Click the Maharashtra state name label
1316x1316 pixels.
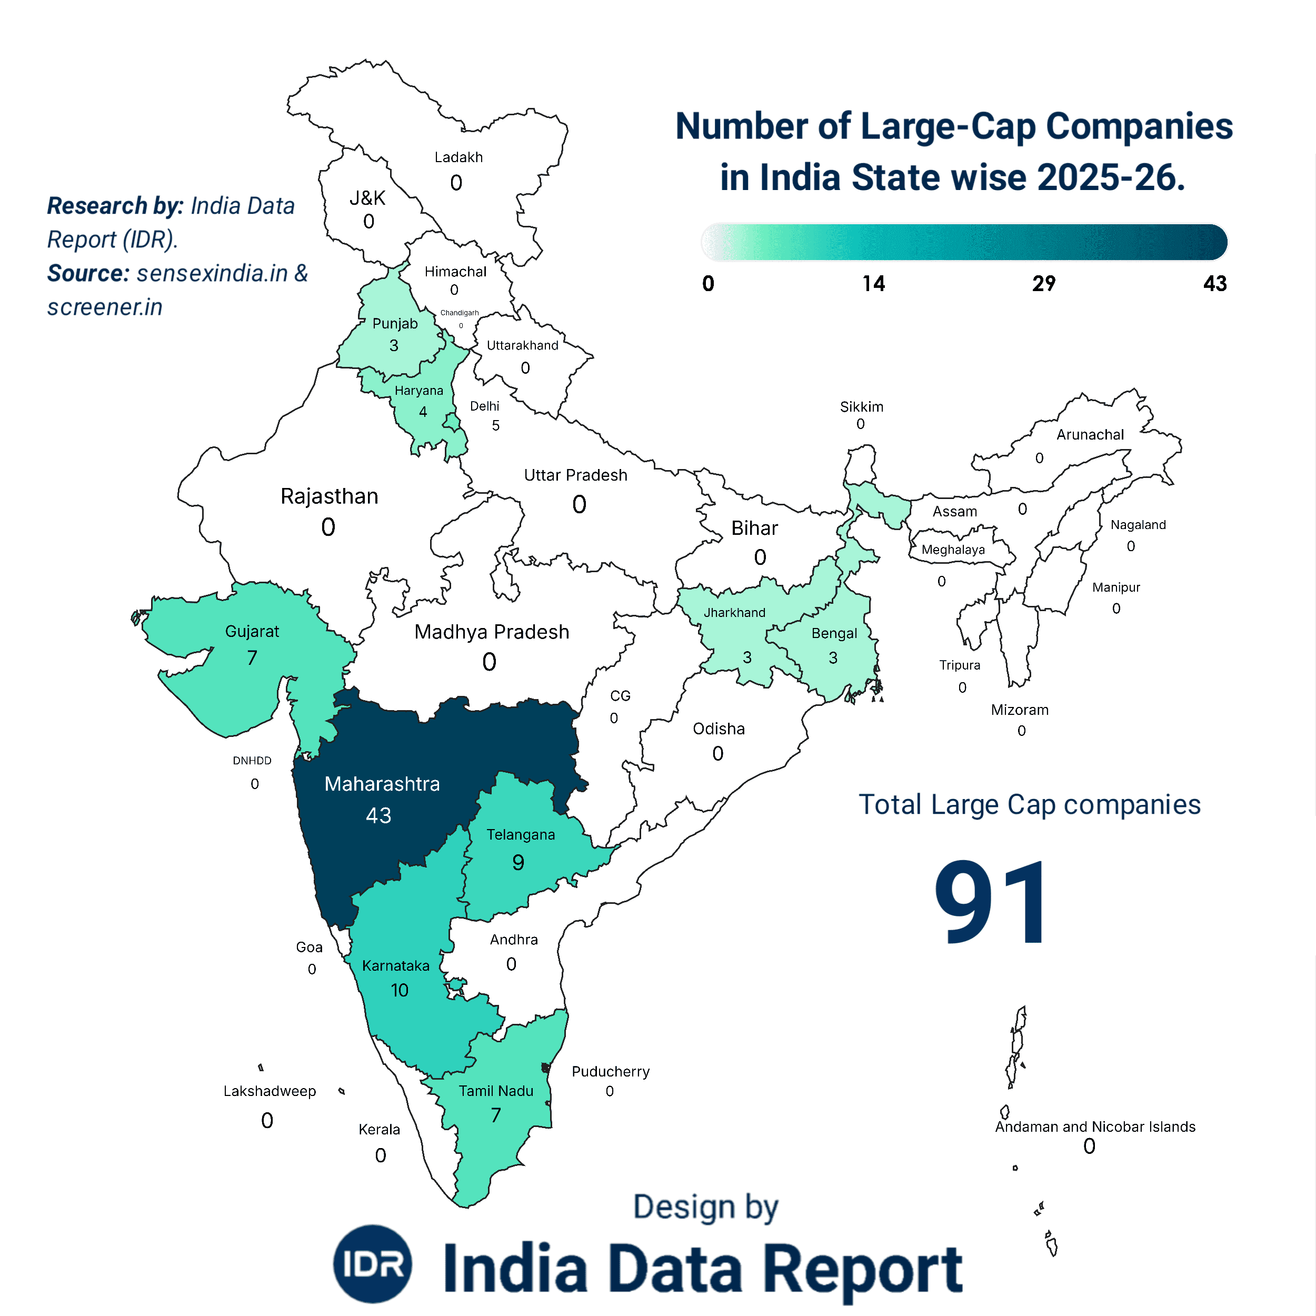[382, 784]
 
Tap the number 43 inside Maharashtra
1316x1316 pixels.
[378, 815]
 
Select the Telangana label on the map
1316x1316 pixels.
[521, 834]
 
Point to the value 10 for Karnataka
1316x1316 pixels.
[399, 990]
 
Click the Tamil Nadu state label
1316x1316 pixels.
[496, 1091]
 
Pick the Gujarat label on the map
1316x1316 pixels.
[252, 632]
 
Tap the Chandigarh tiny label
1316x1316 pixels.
[459, 313]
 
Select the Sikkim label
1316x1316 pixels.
[861, 407]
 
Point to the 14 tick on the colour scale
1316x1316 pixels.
[873, 283]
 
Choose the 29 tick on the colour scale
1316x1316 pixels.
[1043, 283]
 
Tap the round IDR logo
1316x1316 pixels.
[373, 1263]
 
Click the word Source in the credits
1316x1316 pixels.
[88, 273]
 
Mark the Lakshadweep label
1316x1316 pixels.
[270, 1091]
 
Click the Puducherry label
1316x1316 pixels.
[610, 1071]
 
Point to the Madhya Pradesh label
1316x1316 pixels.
[491, 632]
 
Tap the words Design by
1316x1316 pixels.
[706, 1207]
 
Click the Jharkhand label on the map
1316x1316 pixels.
[734, 612]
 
